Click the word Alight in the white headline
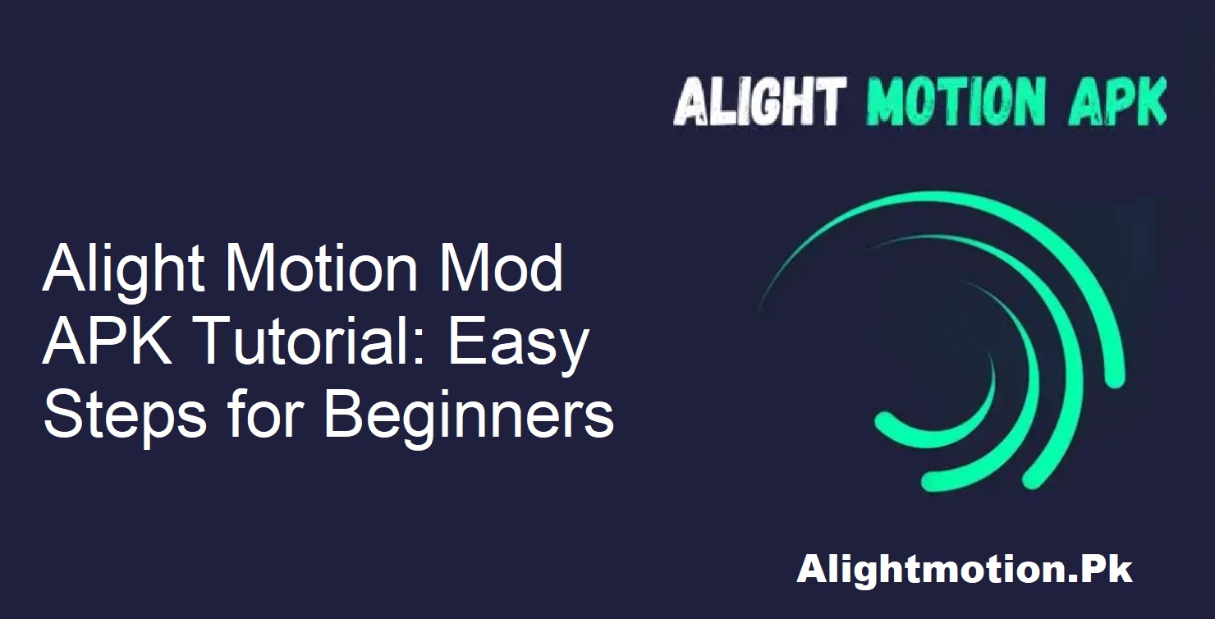click(121, 270)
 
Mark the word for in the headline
click(256, 414)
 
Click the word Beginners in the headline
click(469, 415)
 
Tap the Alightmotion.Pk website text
click(964, 570)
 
